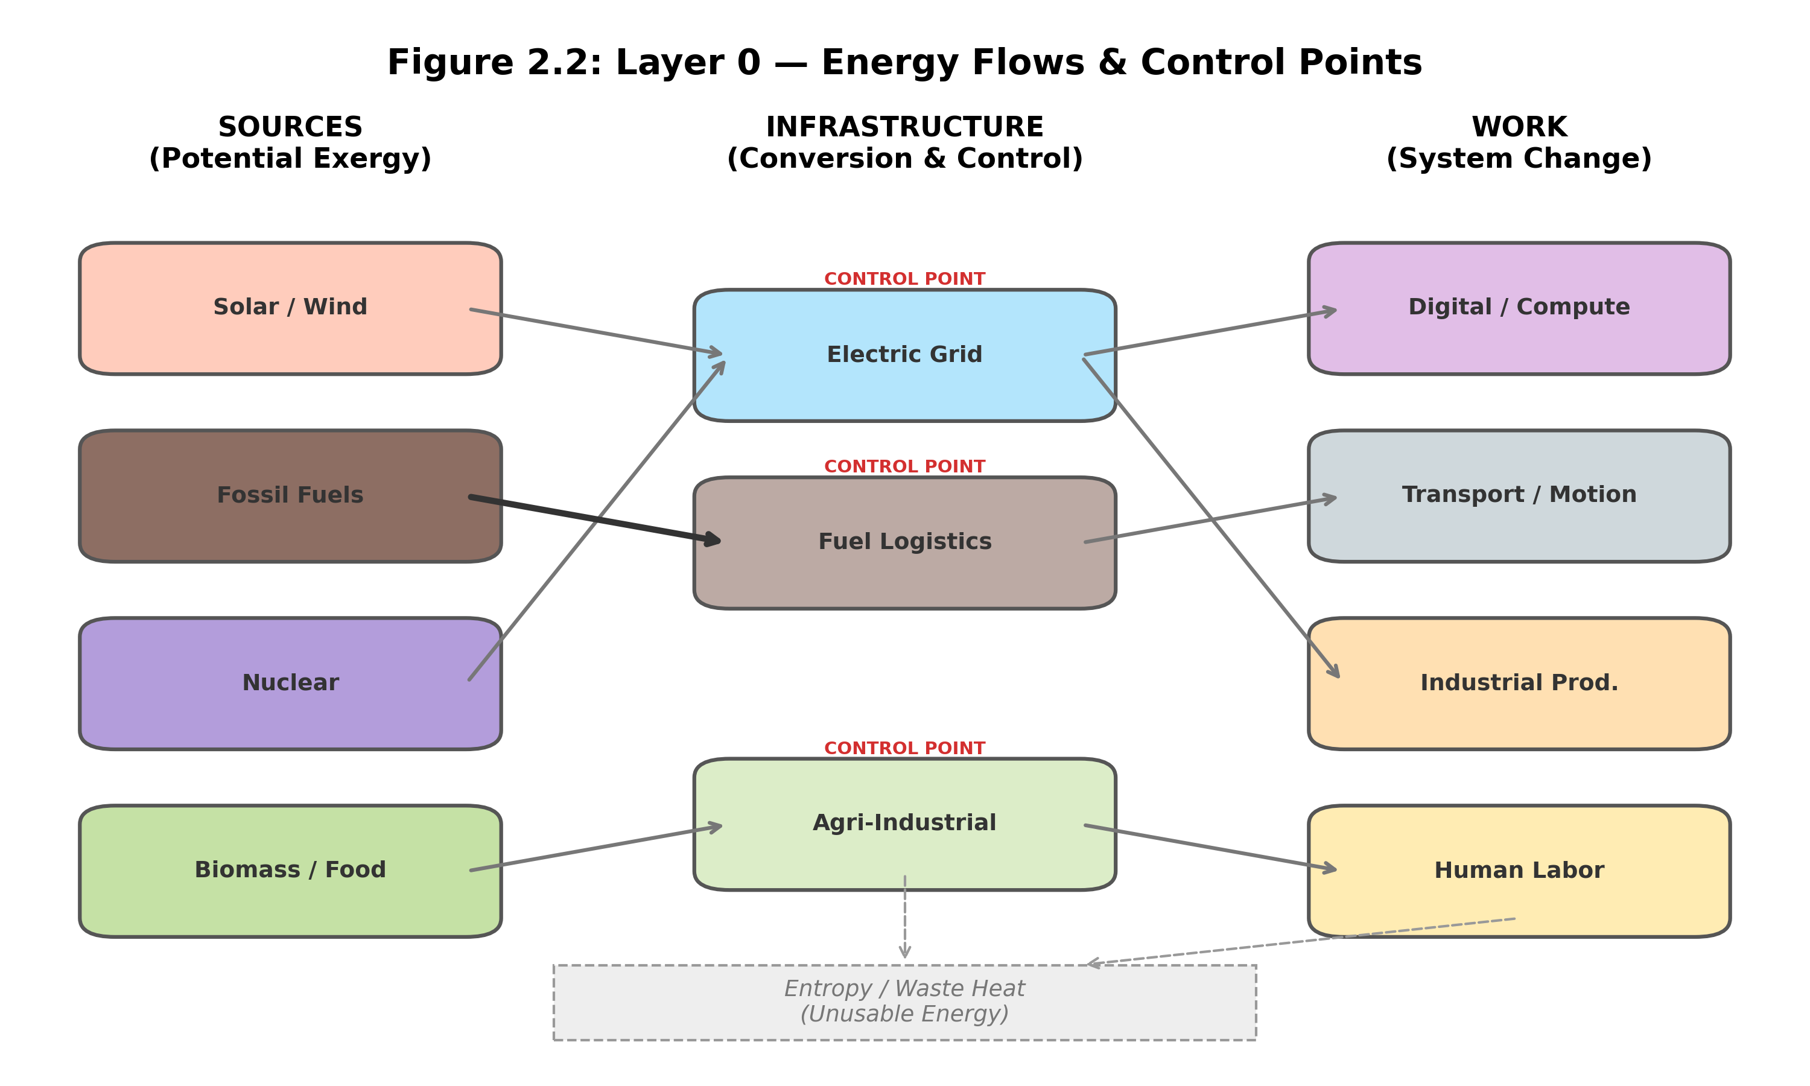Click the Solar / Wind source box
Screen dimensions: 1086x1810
pos(290,308)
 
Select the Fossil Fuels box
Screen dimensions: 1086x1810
pos(290,495)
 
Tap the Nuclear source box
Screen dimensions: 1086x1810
pos(290,683)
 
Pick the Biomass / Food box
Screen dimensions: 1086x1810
pos(290,870)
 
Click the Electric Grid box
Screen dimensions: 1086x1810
pos(904,355)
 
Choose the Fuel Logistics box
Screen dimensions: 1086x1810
pos(904,542)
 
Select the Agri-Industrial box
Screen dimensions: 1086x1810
pos(904,824)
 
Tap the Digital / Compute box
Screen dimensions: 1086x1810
pos(1519,308)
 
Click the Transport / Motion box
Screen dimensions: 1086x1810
pos(1519,495)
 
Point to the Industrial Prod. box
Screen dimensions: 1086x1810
pos(1519,683)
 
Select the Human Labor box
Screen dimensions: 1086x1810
pos(1519,870)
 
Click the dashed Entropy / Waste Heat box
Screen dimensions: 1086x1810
pos(904,1002)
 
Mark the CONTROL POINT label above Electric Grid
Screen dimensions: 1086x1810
pos(904,279)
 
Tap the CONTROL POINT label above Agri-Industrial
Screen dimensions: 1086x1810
pos(904,748)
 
